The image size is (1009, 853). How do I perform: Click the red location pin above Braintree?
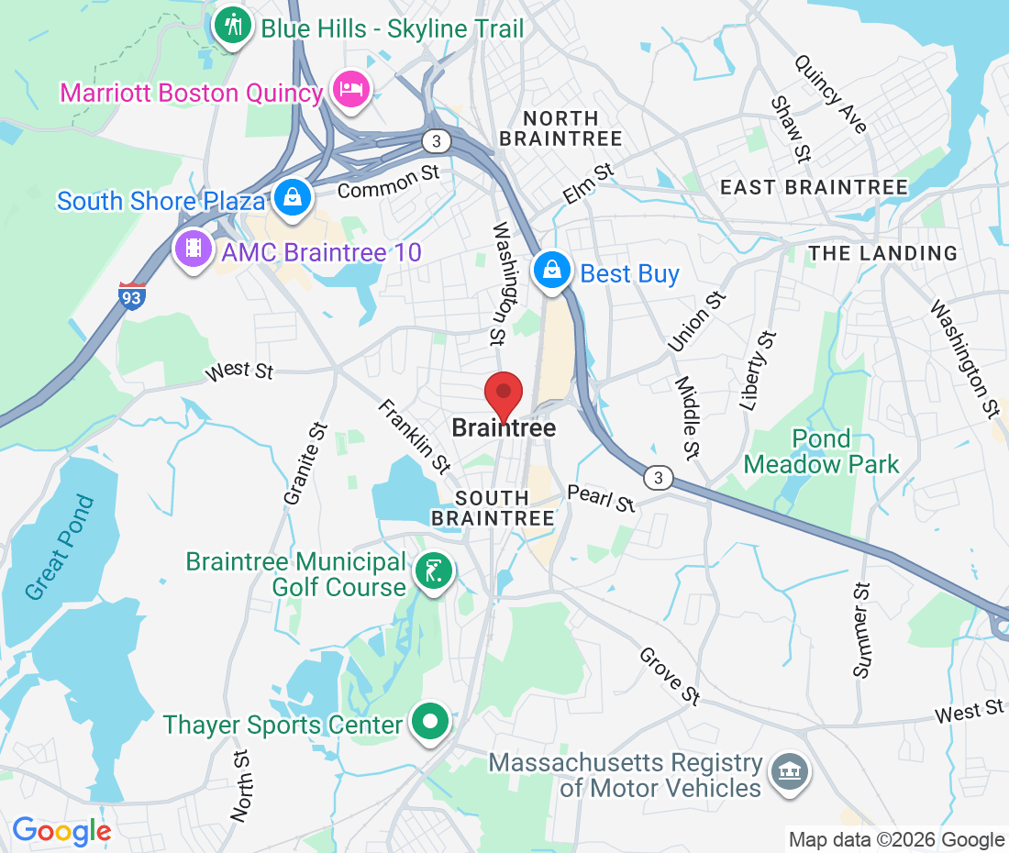[504, 394]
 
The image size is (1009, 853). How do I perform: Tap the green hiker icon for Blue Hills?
[233, 25]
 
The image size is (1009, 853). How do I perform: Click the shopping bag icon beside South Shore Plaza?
[291, 197]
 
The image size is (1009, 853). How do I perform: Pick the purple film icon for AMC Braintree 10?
[194, 248]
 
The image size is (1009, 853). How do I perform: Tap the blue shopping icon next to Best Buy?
[552, 271]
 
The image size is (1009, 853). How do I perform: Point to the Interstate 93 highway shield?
[132, 295]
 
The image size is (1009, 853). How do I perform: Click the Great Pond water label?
[60, 548]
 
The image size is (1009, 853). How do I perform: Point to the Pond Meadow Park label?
[821, 451]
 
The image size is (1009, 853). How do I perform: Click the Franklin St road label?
[416, 438]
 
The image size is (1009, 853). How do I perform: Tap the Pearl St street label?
[601, 499]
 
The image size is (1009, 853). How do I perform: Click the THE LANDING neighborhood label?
[882, 253]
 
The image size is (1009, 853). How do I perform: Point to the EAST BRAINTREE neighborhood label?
[814, 188]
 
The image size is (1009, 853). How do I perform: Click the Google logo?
[61, 831]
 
